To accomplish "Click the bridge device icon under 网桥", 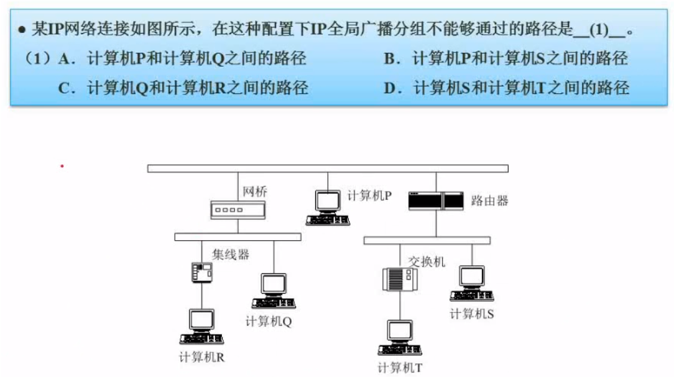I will [x=230, y=211].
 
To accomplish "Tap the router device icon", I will [x=435, y=200].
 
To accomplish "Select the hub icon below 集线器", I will [x=202, y=272].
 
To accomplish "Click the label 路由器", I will [x=490, y=200].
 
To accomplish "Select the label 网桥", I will [x=255, y=192].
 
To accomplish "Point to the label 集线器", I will [x=231, y=254].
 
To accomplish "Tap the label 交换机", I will [x=427, y=262].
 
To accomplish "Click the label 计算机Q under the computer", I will [x=269, y=322].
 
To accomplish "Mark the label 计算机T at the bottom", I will [x=400, y=368].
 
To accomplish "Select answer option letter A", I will [x=65, y=59].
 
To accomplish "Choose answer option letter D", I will [x=391, y=88].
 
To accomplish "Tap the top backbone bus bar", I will [x=328, y=168].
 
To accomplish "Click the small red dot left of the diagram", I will [x=62, y=167].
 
